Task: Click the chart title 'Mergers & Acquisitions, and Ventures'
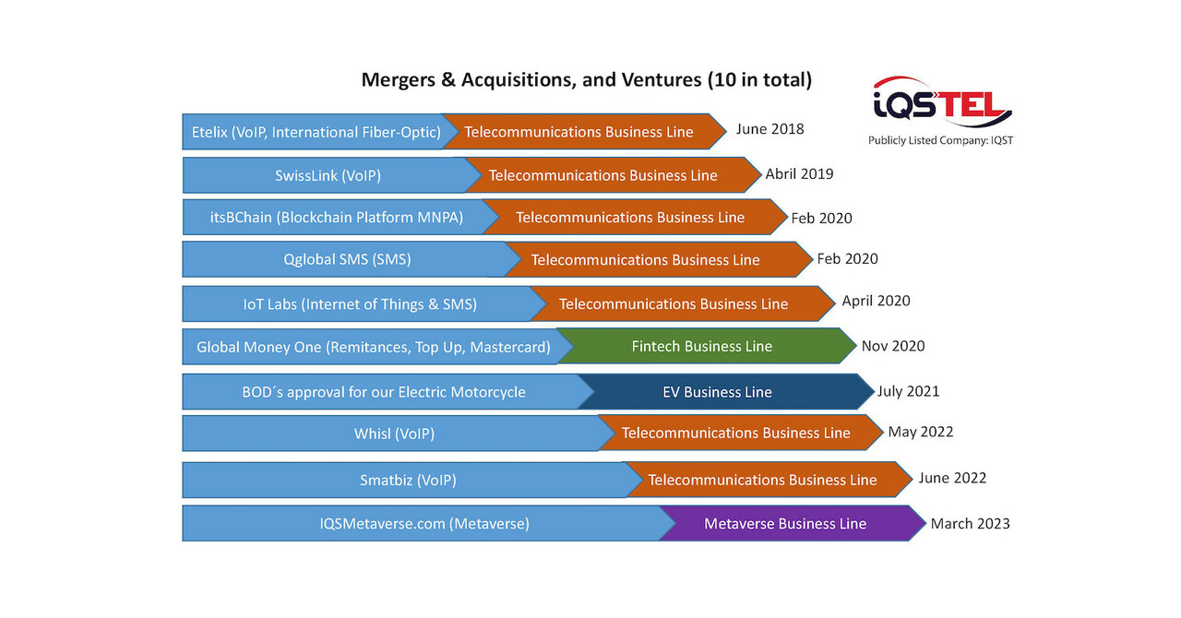[x=586, y=80]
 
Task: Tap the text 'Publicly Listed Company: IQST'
[x=940, y=140]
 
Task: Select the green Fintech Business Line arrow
[x=702, y=347]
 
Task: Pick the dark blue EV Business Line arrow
[x=717, y=392]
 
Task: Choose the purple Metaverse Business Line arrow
[x=785, y=524]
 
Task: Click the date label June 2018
[x=769, y=129]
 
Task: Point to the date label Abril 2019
[x=799, y=173]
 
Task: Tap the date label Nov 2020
[x=892, y=347]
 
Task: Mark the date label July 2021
[x=908, y=391]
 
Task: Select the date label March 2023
[x=970, y=524]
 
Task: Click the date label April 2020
[x=876, y=301]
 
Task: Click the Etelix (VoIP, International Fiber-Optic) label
[x=316, y=132]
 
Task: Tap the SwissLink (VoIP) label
[x=328, y=175]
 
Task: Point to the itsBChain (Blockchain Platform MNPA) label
[x=336, y=218]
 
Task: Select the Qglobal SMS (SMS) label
[x=347, y=260]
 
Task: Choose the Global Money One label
[x=373, y=348]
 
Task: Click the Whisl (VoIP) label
[x=394, y=434]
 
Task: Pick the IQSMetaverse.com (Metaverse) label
[x=424, y=524]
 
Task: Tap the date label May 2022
[x=920, y=432]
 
